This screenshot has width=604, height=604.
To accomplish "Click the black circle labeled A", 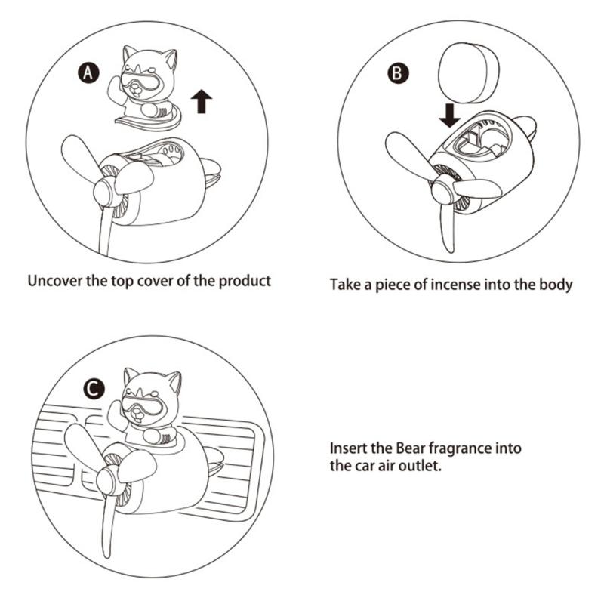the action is tap(88, 72).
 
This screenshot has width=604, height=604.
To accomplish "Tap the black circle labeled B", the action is tap(398, 73).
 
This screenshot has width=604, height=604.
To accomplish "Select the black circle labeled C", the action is tap(94, 390).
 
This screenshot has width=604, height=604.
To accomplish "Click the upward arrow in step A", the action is tap(201, 101).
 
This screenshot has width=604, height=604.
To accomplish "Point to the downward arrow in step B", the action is tap(449, 116).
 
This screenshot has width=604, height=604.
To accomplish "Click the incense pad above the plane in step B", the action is tap(468, 72).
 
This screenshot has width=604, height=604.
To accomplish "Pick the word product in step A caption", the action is tap(245, 281).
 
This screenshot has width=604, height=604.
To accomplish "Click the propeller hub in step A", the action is tap(105, 191).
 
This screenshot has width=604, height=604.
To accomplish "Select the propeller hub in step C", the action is tap(107, 479).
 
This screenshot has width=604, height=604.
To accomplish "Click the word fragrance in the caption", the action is tap(461, 448).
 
